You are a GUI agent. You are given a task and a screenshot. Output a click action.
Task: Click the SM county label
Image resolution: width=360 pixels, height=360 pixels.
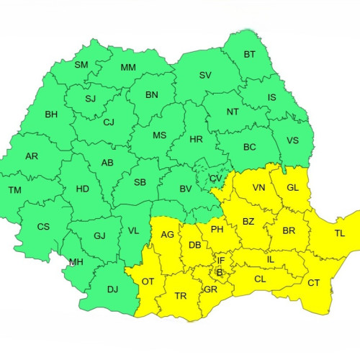click(81, 65)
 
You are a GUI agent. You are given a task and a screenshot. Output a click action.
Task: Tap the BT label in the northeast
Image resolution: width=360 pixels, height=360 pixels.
click(250, 54)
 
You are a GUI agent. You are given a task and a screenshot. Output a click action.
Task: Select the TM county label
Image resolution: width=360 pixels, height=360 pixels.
click(14, 190)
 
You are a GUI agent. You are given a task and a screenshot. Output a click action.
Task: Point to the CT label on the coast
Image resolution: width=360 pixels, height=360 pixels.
click(313, 282)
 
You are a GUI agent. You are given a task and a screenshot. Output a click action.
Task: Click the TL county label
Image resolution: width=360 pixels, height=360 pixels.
click(339, 234)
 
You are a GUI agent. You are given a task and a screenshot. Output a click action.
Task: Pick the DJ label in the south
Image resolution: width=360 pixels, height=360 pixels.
click(112, 289)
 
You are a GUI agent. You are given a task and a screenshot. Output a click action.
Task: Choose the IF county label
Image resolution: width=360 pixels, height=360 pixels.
click(221, 259)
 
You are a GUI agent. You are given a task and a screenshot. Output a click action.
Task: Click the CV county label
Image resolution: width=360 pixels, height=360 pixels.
click(216, 179)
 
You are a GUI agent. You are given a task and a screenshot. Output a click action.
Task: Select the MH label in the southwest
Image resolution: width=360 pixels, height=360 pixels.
click(76, 262)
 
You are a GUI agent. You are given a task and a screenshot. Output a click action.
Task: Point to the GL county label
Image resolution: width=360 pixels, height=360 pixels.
click(292, 187)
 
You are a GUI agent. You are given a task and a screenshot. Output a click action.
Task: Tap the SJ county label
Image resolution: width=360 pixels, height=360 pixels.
click(90, 99)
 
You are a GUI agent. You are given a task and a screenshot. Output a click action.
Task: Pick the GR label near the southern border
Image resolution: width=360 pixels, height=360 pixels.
click(210, 289)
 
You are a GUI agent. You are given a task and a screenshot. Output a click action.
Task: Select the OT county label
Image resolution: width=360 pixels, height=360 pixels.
click(148, 281)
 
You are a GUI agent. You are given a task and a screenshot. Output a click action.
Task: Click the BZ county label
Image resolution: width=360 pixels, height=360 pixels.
click(248, 221)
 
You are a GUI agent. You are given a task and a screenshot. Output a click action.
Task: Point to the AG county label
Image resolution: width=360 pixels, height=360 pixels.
click(167, 235)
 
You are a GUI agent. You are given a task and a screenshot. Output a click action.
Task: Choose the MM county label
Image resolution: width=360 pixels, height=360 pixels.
click(128, 68)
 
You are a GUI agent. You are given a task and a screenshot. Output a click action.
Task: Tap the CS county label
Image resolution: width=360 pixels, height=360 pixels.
click(43, 226)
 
